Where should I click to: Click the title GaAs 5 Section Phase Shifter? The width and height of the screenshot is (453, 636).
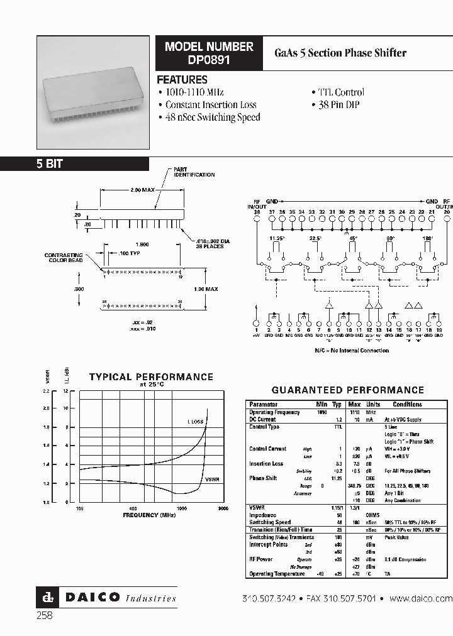340,53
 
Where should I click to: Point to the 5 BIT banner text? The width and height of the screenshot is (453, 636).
49,163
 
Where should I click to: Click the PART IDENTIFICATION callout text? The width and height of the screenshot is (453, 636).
194,172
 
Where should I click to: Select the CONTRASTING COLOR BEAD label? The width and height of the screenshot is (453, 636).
64,258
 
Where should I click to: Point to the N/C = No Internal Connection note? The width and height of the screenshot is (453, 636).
352,350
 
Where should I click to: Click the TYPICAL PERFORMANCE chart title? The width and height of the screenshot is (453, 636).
151,377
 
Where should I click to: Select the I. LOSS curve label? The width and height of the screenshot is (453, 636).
196,421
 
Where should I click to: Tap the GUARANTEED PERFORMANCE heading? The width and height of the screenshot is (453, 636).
348,390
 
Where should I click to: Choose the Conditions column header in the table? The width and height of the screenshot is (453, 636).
407,405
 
